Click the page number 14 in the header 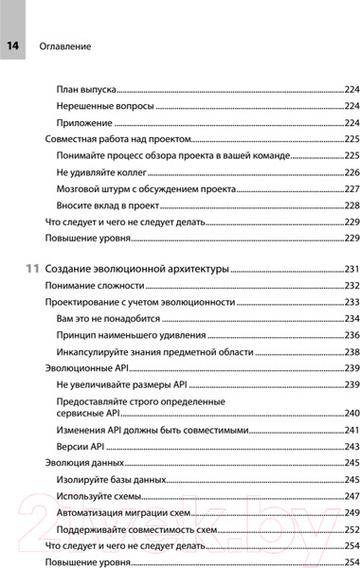pyautogui.click(x=13, y=45)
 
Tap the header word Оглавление pyautogui.click(x=63, y=45)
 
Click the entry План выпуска pyautogui.click(x=86, y=89)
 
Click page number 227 pyautogui.click(x=351, y=189)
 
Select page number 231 pyautogui.click(x=351, y=270)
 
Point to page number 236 pyautogui.click(x=351, y=335)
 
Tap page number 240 pyautogui.click(x=351, y=414)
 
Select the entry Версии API pyautogui.click(x=82, y=446)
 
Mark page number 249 pyautogui.click(x=351, y=513)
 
